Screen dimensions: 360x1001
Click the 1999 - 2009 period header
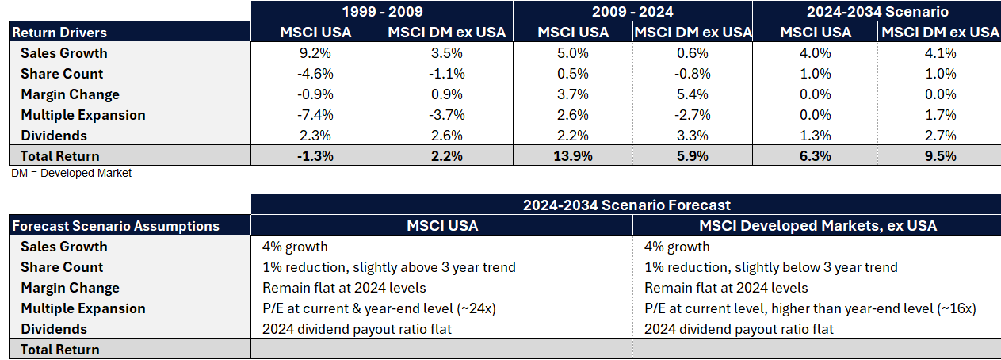(x=381, y=12)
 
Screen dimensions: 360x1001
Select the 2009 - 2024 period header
(x=632, y=12)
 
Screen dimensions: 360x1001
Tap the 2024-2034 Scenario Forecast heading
(x=626, y=205)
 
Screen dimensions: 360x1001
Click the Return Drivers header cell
(x=60, y=33)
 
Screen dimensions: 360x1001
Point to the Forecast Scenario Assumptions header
(x=116, y=226)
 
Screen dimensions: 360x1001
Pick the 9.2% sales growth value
(x=315, y=53)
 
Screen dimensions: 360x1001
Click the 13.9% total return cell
(x=573, y=156)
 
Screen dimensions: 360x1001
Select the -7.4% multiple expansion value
(x=315, y=115)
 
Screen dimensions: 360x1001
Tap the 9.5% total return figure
(x=939, y=156)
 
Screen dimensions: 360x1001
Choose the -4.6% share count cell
(x=315, y=74)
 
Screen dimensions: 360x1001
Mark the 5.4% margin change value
(x=692, y=94)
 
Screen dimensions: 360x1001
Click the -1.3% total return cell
(x=315, y=156)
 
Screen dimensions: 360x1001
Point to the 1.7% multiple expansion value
(x=939, y=115)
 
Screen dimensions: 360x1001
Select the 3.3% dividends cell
(x=692, y=136)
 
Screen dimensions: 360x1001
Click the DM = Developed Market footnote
(x=71, y=173)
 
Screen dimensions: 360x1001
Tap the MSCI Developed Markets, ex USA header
(x=818, y=226)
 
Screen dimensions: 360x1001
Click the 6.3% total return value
(x=816, y=156)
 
